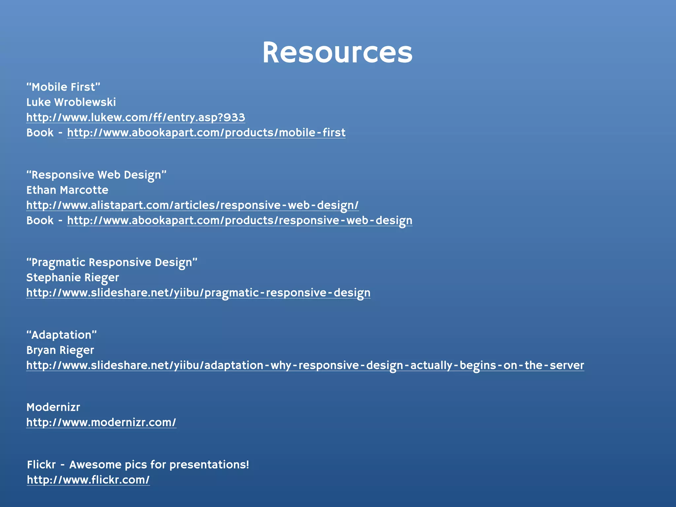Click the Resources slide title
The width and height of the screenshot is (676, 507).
(x=337, y=53)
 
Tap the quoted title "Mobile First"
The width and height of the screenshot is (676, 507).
(x=63, y=87)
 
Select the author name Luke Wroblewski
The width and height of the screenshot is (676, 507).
(x=71, y=102)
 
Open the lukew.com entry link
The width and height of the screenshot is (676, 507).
(x=136, y=118)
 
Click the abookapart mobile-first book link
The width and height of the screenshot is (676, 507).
(x=206, y=133)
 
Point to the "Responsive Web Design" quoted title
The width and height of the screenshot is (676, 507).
(x=96, y=175)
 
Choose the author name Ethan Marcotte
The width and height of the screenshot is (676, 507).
(x=67, y=190)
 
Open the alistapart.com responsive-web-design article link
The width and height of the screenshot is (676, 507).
(x=192, y=205)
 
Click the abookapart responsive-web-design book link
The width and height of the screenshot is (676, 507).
(x=240, y=220)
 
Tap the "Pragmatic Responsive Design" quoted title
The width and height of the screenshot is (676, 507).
(x=112, y=262)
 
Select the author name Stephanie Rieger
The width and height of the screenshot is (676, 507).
(x=73, y=278)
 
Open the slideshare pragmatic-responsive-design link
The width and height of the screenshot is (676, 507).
(x=198, y=293)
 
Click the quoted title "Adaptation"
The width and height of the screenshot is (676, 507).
(x=62, y=335)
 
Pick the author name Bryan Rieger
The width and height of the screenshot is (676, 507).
(x=60, y=350)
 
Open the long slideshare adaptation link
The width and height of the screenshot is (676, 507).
(x=305, y=365)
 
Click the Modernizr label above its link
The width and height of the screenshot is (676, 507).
(x=53, y=407)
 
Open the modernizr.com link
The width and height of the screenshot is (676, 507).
(x=101, y=422)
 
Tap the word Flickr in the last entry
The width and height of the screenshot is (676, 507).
(x=41, y=465)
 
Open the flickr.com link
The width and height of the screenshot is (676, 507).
(x=88, y=480)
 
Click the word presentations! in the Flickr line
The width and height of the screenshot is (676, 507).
(x=209, y=465)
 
